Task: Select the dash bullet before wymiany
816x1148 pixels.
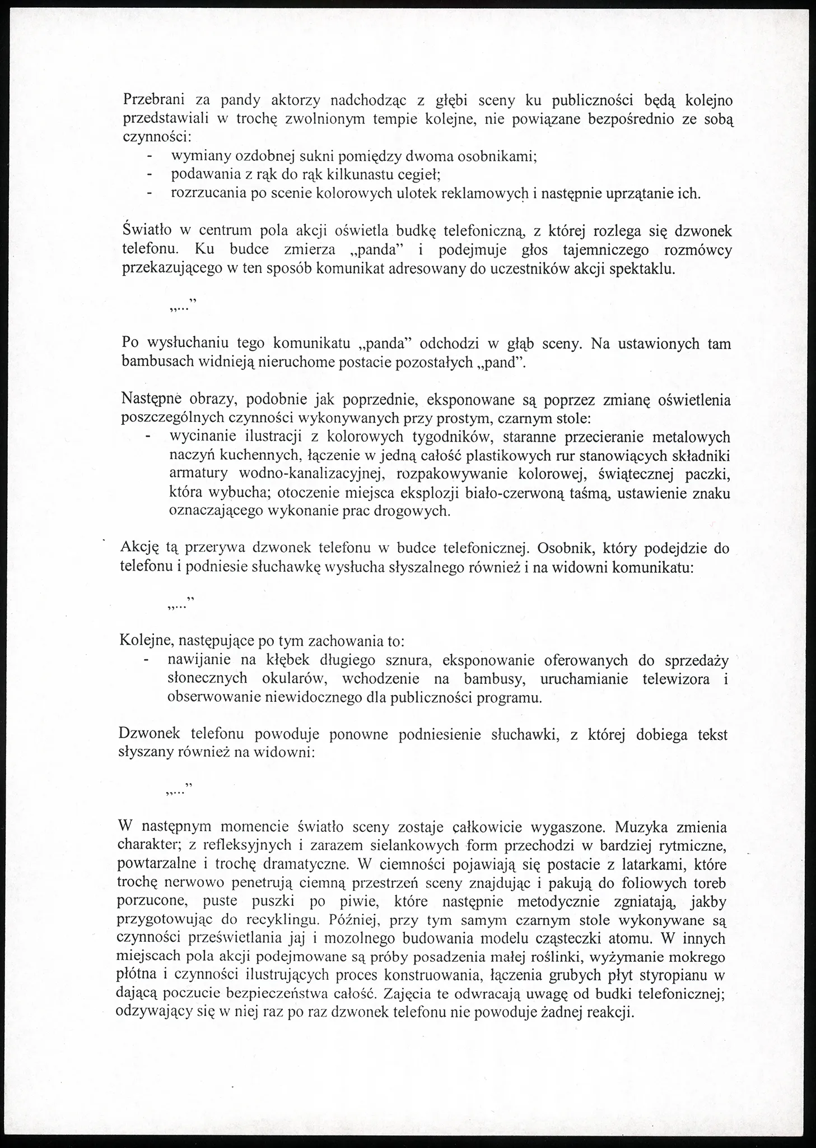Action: pyautogui.click(x=150, y=156)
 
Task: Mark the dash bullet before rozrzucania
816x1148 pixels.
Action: pyautogui.click(x=150, y=193)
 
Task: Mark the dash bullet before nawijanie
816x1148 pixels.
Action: pyautogui.click(x=147, y=660)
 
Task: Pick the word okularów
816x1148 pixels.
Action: pyautogui.click(x=295, y=679)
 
